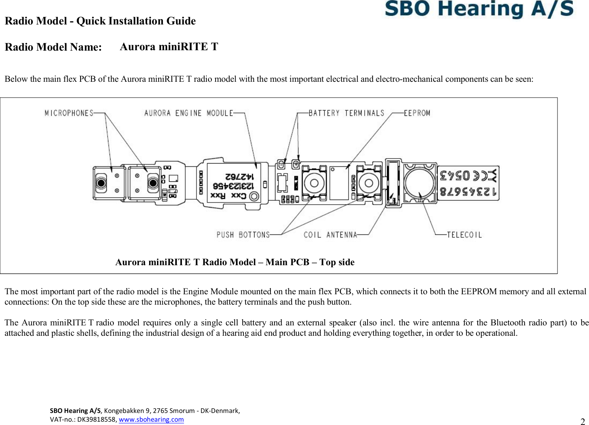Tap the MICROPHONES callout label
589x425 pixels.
[x=69, y=113]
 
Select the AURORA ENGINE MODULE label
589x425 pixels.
[x=189, y=113]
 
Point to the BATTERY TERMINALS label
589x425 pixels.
[x=346, y=113]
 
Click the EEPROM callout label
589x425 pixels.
[x=417, y=113]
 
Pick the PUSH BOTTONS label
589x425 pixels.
[x=243, y=235]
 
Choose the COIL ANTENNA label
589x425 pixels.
[x=330, y=235]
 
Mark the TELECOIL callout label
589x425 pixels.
[x=464, y=235]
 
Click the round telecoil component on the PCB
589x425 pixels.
[x=419, y=183]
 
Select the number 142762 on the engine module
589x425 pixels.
[x=239, y=176]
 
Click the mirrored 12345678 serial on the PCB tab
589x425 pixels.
[x=468, y=192]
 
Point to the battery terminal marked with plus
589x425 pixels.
[x=296, y=164]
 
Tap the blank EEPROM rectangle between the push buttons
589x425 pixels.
[x=339, y=183]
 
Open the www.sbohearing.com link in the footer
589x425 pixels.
[x=151, y=419]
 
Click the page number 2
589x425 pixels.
[x=582, y=421]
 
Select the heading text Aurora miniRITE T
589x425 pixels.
[x=169, y=46]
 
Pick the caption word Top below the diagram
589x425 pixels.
[x=326, y=262]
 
